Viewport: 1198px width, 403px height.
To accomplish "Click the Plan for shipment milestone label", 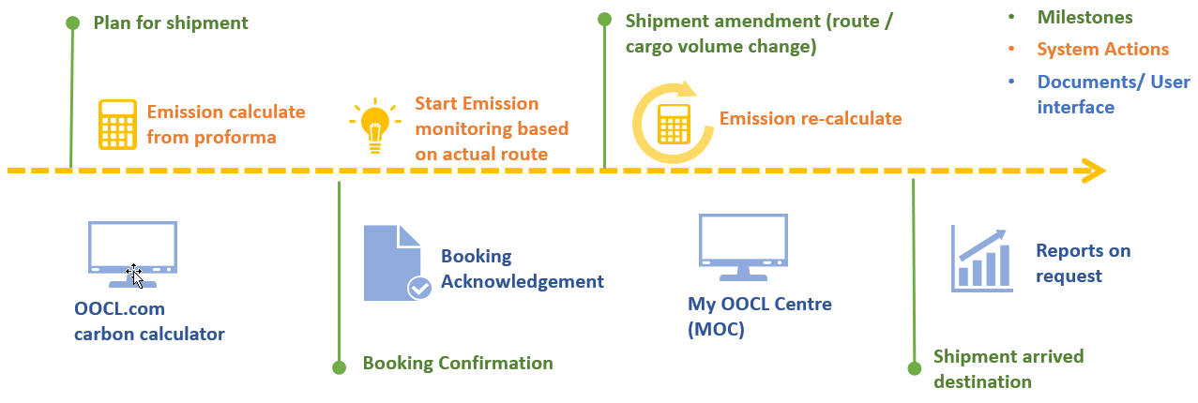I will (x=159, y=22).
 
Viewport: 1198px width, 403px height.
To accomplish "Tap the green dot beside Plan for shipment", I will (x=72, y=22).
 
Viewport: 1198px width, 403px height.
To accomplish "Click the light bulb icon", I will (x=375, y=126).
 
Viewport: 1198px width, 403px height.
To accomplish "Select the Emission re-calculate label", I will (x=810, y=119).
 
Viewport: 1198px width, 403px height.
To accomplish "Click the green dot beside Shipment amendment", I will (x=605, y=20).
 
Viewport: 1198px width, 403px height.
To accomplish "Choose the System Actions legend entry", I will (x=1102, y=50).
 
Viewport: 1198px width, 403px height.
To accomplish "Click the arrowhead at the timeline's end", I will (x=1094, y=172).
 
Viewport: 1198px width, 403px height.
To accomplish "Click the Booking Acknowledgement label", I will (x=522, y=269).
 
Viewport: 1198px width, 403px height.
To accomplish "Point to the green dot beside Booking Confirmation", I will (x=340, y=367).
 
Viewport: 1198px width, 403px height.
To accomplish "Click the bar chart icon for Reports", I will (x=981, y=258).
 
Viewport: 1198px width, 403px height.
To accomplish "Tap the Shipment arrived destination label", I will (x=1008, y=369).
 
